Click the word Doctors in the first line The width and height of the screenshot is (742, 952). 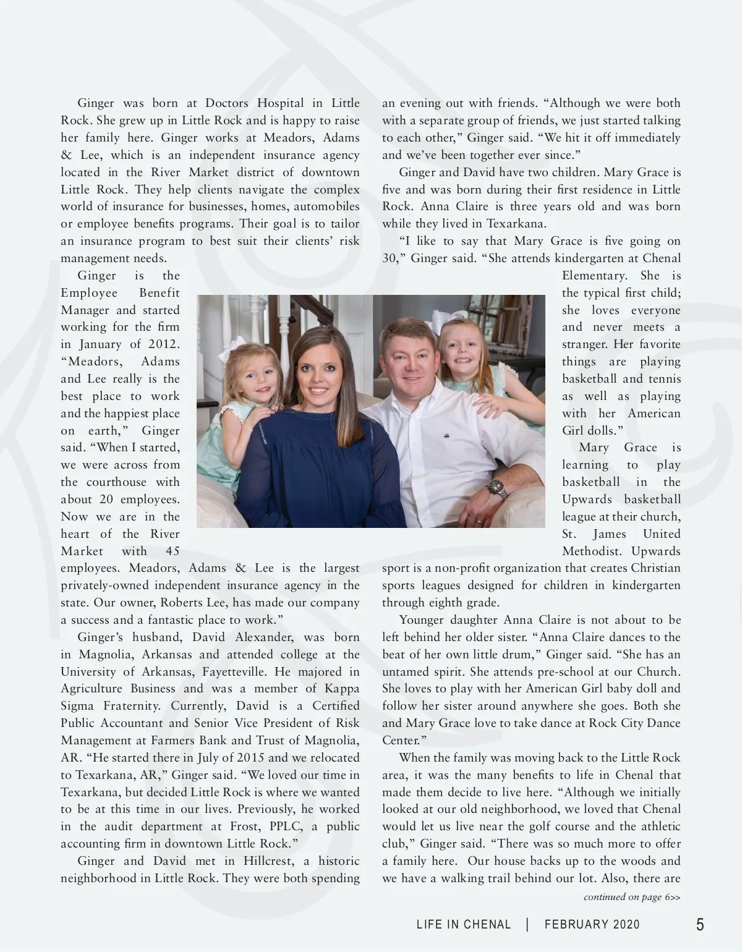[x=226, y=103]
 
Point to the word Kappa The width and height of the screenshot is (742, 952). [x=341, y=689]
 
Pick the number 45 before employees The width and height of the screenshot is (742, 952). [x=173, y=551]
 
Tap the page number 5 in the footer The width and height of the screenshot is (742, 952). [x=700, y=925]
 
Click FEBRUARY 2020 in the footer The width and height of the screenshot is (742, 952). [x=592, y=925]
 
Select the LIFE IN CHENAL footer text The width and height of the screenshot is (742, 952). [x=464, y=925]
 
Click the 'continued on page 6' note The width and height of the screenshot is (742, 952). [x=631, y=897]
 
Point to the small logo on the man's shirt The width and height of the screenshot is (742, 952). [x=445, y=435]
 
